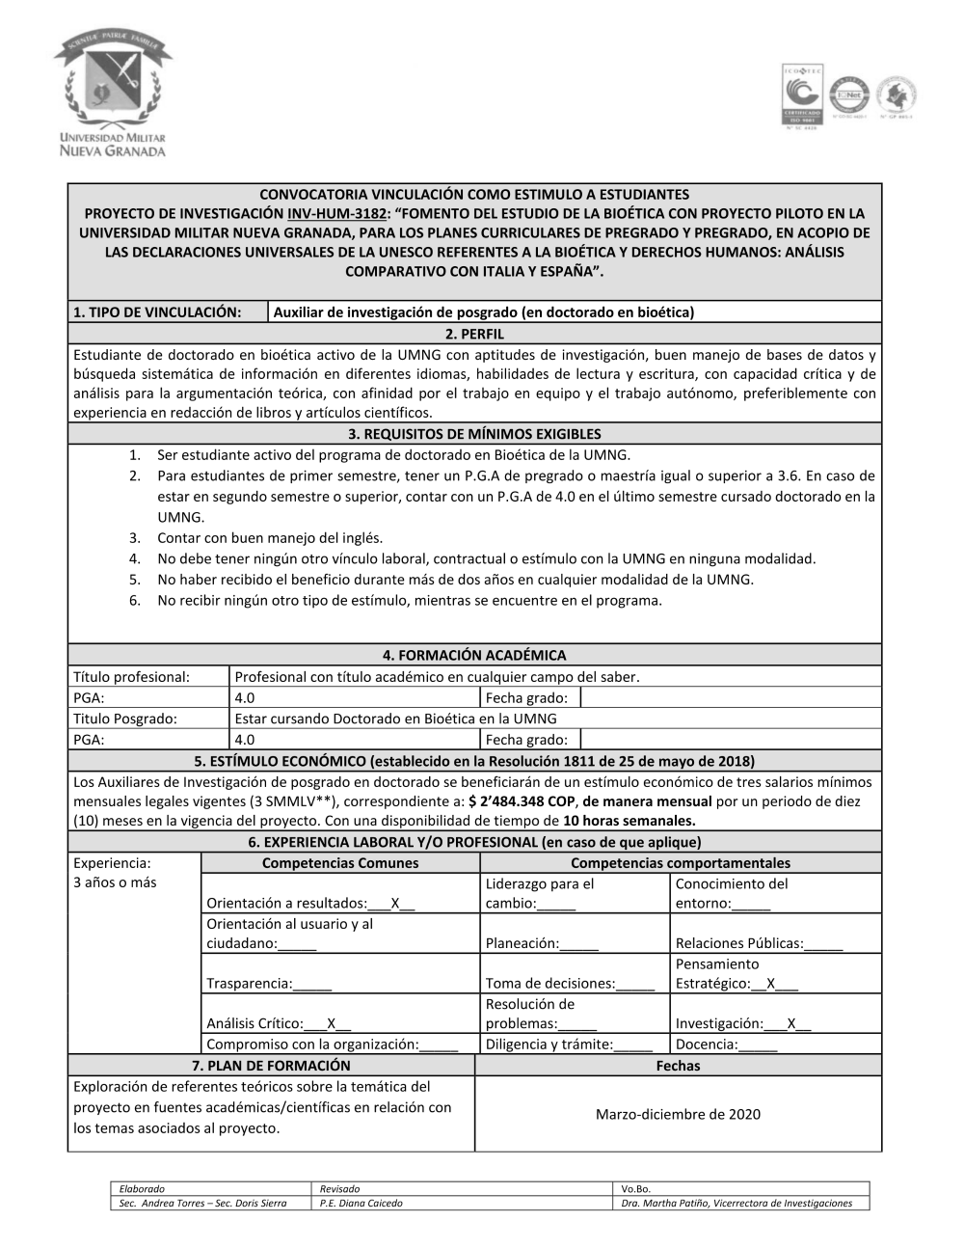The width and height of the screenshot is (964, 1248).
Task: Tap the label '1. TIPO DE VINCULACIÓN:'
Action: [x=156, y=312]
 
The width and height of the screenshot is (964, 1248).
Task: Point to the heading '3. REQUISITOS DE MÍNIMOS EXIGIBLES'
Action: [x=474, y=434]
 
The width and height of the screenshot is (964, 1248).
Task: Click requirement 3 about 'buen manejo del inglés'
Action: [x=270, y=538]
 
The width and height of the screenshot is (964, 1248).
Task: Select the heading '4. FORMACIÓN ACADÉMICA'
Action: [x=474, y=656]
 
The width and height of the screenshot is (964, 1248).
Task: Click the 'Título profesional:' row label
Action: [x=132, y=677]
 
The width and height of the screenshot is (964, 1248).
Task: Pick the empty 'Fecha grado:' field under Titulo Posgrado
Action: [x=731, y=740]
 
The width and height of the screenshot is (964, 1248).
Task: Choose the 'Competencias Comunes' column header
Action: [x=340, y=863]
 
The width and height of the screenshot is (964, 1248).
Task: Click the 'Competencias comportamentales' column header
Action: [x=680, y=863]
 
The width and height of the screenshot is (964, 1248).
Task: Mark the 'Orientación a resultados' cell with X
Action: [x=310, y=904]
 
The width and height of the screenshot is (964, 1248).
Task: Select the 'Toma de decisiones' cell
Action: [x=570, y=984]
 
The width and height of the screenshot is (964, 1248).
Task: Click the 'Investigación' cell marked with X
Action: [x=742, y=1023]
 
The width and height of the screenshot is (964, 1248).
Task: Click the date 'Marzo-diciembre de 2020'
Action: [x=678, y=1114]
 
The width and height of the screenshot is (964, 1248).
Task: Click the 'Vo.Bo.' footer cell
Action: [x=636, y=1189]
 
